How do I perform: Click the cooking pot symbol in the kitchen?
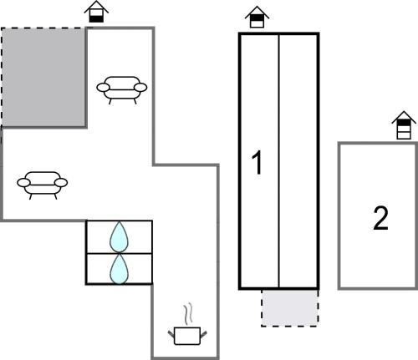[187, 336]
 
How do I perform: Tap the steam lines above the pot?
[188, 314]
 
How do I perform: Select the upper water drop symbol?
[119, 236]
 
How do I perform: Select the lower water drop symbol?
[119, 269]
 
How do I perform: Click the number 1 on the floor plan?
[257, 163]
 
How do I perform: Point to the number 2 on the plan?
[380, 218]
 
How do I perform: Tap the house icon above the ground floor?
[96, 12]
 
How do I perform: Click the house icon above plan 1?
[257, 18]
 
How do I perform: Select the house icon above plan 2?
[404, 125]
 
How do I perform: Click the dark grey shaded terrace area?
[43, 77]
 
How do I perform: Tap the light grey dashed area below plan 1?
[289, 308]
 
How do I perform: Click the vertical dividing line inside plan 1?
[278, 161]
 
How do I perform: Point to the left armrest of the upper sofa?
[103, 88]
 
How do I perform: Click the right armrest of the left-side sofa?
[61, 183]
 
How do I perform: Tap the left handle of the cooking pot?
[171, 333]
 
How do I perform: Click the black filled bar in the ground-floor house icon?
[96, 19]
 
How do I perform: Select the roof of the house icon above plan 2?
[404, 117]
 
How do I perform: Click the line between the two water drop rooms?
[120, 253]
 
